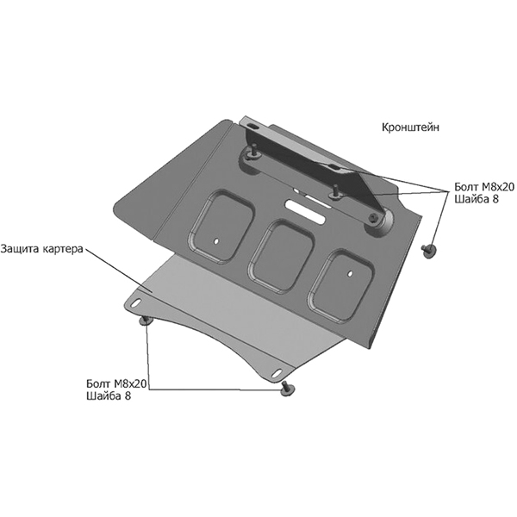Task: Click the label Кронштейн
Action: tap(410, 128)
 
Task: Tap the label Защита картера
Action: tap(42, 249)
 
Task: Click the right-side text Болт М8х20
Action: tap(484, 187)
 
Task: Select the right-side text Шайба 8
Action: tap(477, 199)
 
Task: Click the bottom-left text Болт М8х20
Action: tap(116, 383)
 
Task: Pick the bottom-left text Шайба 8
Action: tap(109, 396)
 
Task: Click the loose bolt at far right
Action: tap(428, 252)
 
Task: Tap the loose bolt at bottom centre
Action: tap(287, 389)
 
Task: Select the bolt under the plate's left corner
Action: tap(146, 321)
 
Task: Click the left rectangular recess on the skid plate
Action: tap(221, 226)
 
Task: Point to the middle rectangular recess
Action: tap(281, 256)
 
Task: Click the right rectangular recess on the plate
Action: tap(341, 285)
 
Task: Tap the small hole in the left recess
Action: tap(216, 241)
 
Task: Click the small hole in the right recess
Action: tap(351, 273)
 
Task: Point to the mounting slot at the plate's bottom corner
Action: tap(277, 372)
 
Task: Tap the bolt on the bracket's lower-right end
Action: tap(373, 218)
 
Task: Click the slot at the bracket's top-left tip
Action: tap(254, 127)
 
